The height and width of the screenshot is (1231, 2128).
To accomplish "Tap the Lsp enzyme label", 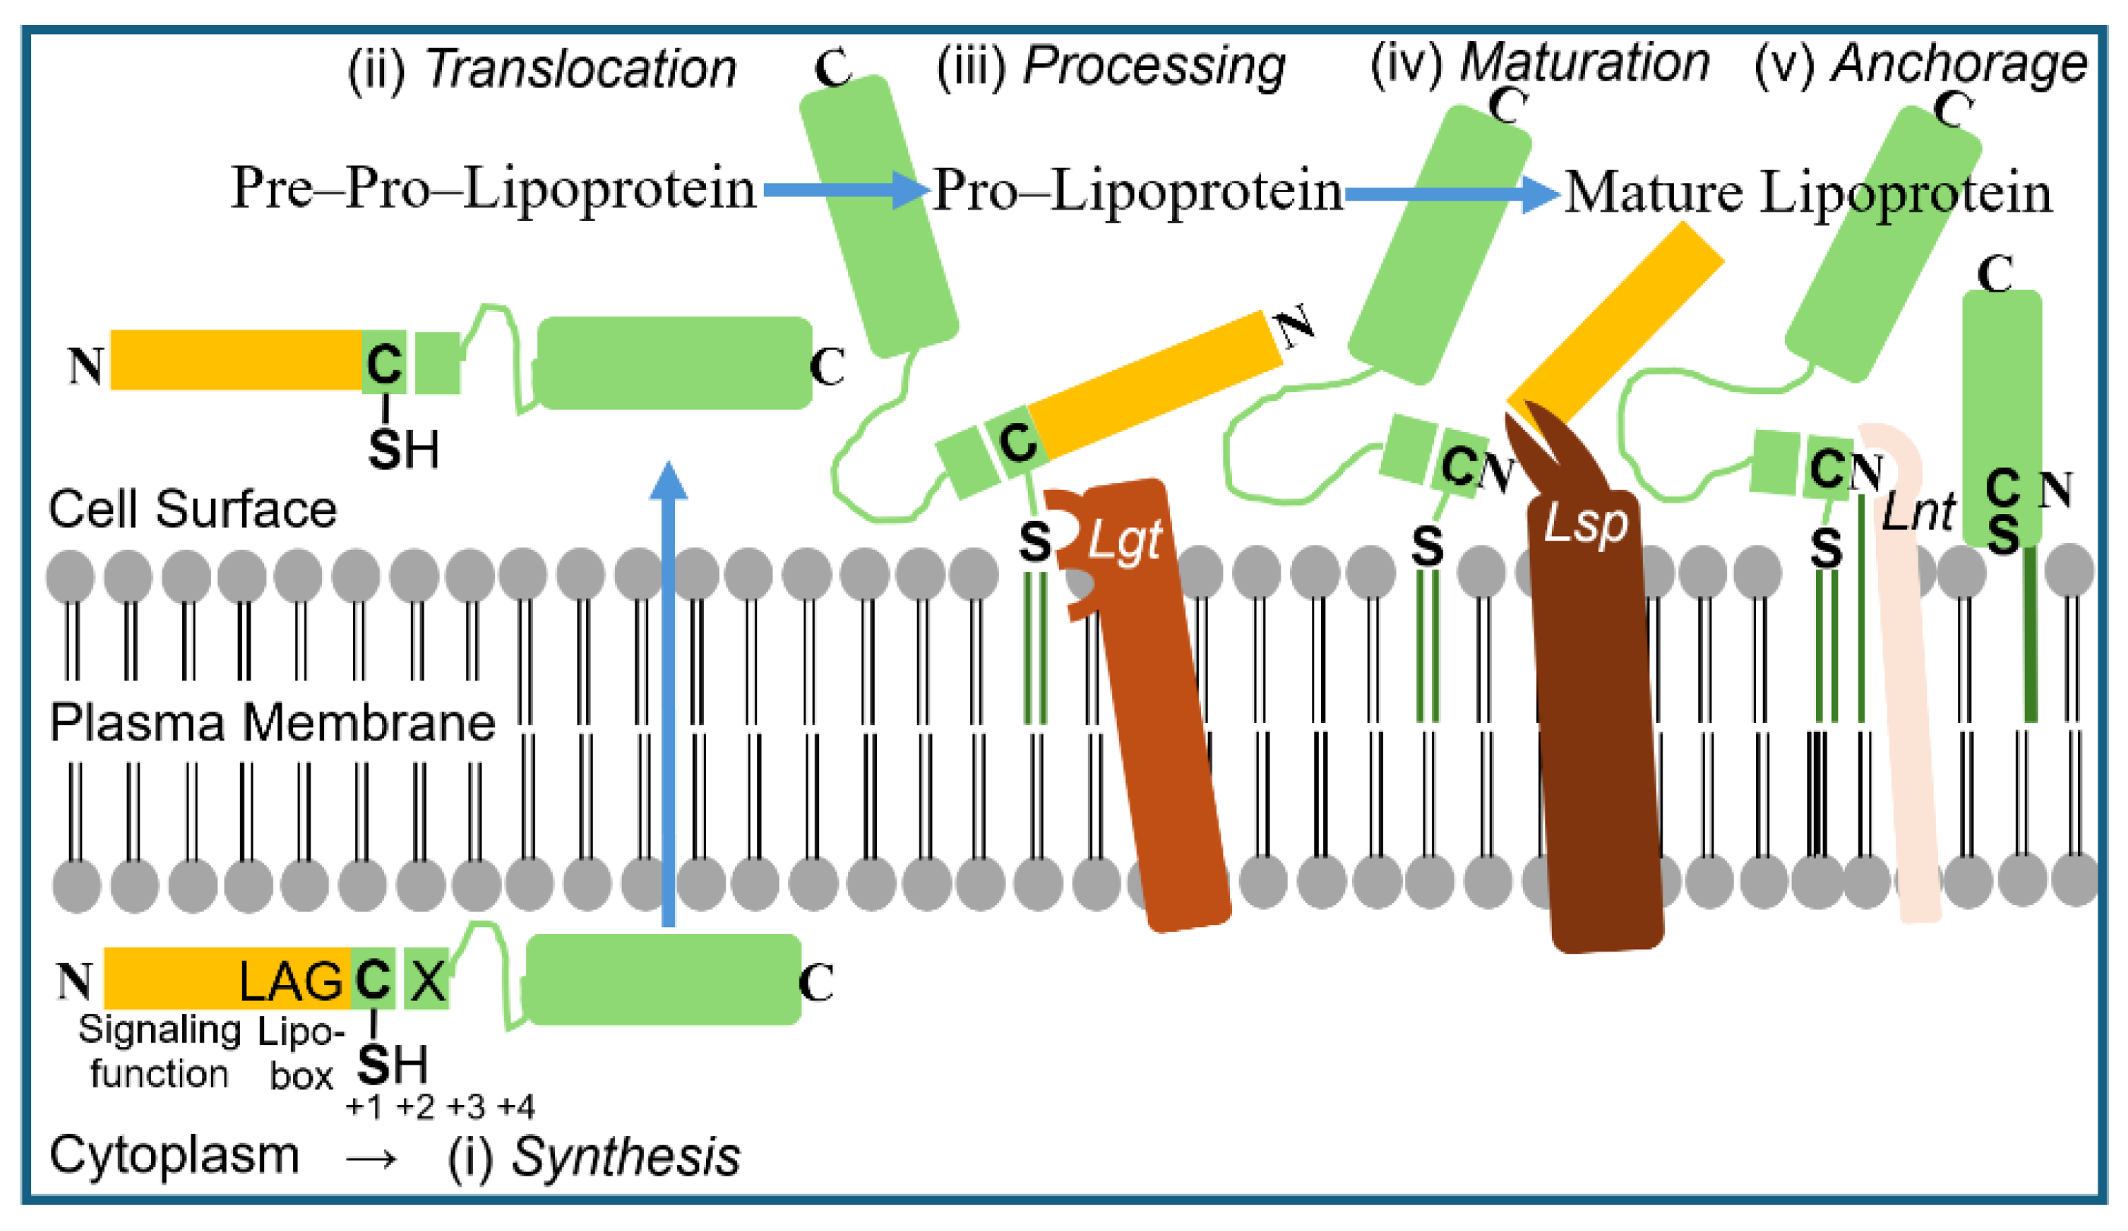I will [1585, 525].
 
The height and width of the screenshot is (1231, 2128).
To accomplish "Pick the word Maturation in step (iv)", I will [1585, 63].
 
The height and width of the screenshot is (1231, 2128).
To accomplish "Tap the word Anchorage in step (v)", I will [1957, 63].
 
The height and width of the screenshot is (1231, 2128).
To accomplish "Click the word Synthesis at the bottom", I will [626, 1157].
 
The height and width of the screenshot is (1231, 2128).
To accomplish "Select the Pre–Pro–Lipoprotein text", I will [493, 189].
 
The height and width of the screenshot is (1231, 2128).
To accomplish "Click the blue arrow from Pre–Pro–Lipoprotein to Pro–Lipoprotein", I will [845, 190].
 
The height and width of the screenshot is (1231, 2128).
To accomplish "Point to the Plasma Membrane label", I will [272, 723].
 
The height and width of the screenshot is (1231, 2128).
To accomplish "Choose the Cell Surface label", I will [193, 510].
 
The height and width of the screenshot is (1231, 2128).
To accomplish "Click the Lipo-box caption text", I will [301, 1053].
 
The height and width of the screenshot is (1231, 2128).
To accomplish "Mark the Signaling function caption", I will [159, 1052].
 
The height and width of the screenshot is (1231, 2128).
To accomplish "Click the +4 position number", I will [516, 1106].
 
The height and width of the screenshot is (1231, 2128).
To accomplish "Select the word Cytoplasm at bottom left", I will [174, 1155].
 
